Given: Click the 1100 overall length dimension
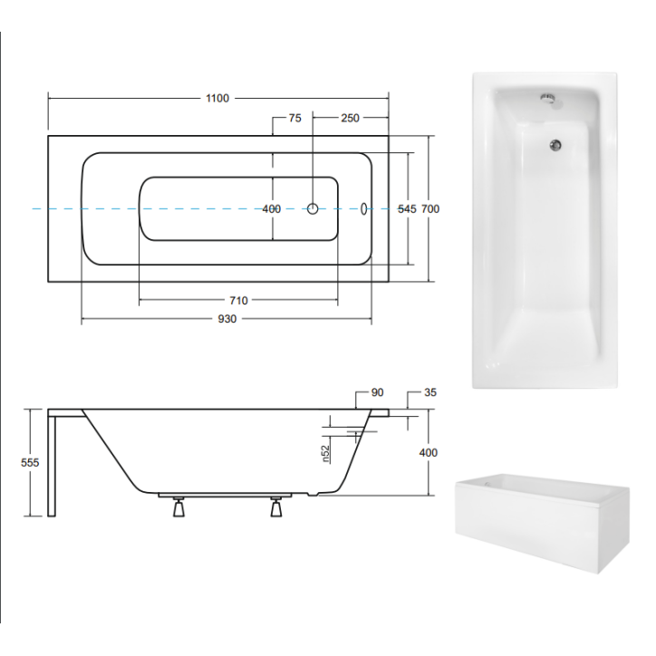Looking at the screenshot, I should [x=217, y=98].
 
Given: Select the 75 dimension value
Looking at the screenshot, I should [x=294, y=119].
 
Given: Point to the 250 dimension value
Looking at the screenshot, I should [x=351, y=119].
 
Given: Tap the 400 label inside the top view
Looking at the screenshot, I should [x=271, y=209].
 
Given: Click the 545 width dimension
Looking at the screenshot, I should [x=407, y=209].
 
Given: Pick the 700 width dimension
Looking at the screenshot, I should [x=430, y=209].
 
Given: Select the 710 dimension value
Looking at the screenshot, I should [x=238, y=301].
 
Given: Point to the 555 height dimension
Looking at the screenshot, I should [x=31, y=462].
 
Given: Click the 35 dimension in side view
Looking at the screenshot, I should [x=430, y=393].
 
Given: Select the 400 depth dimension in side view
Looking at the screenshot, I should [x=429, y=453].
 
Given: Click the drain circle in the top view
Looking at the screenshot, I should [x=313, y=208].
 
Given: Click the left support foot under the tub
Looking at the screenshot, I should [x=178, y=508].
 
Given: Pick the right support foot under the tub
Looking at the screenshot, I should [x=276, y=508].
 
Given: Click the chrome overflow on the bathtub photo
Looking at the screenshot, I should [x=546, y=99].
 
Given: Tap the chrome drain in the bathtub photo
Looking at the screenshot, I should [x=555, y=142].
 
